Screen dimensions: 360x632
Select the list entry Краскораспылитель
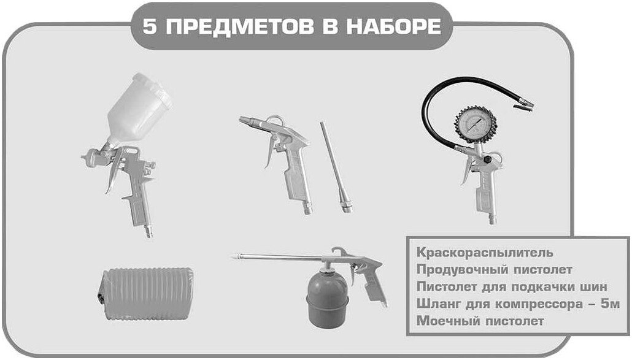[485, 252]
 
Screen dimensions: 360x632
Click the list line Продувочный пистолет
[494, 269]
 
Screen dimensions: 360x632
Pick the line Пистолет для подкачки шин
[511, 286]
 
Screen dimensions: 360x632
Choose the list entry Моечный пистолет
[480, 321]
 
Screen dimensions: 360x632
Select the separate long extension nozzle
[335, 166]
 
